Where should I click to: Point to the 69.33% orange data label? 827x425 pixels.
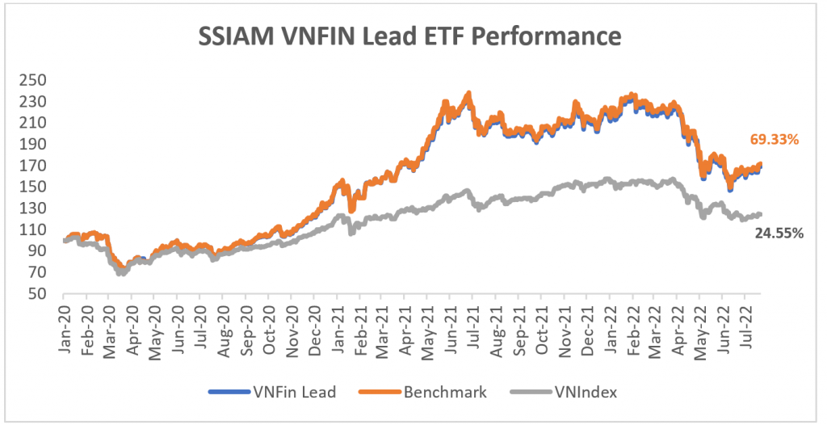pyautogui.click(x=773, y=140)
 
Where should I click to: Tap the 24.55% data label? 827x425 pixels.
pyautogui.click(x=777, y=234)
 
